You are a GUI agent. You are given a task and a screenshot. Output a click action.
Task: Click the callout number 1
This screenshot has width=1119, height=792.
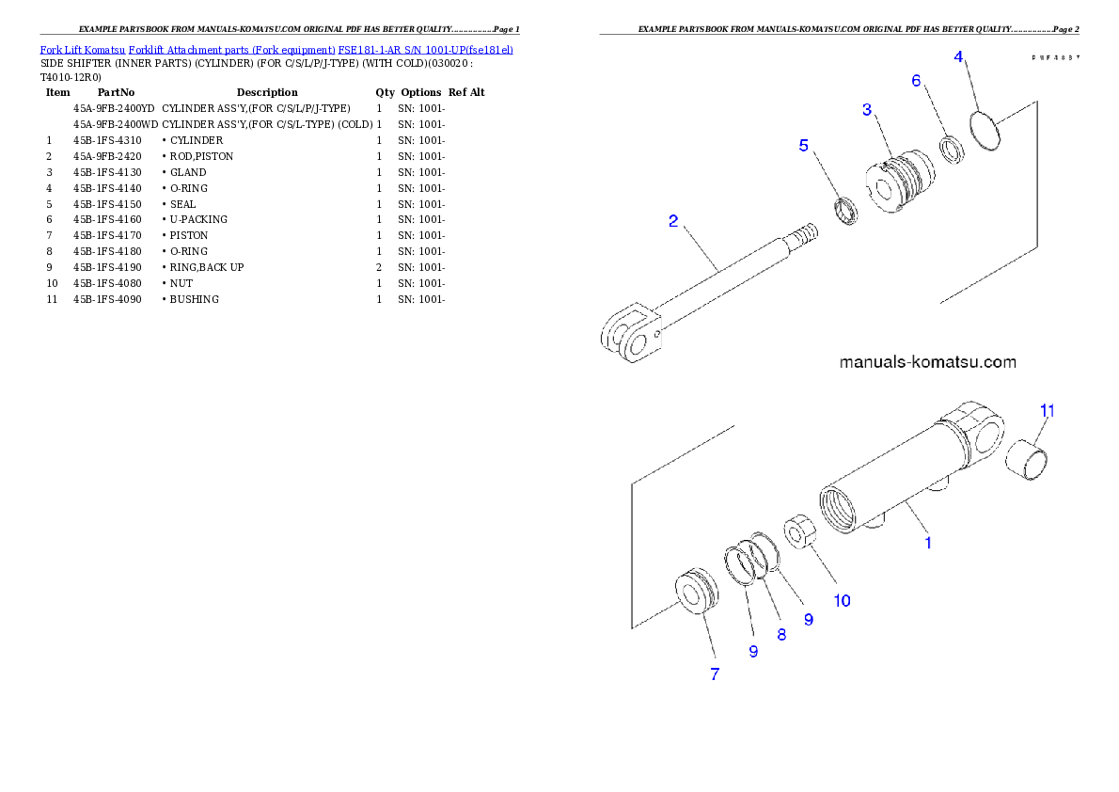pos(928,543)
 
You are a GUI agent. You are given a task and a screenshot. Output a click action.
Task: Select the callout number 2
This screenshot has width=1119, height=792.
pos(673,222)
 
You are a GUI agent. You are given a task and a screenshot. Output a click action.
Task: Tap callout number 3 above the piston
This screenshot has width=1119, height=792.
pos(867,110)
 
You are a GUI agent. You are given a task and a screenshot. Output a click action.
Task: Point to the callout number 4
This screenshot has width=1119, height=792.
pos(958,56)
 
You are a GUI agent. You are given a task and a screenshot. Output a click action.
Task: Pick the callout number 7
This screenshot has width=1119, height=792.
pos(715,673)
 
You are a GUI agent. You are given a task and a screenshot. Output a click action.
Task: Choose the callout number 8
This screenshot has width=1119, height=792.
pos(781,634)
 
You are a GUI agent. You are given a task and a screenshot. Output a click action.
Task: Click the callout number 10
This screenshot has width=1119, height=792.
pos(843,600)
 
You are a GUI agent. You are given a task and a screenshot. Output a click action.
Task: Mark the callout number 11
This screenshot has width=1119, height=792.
pos(1047,410)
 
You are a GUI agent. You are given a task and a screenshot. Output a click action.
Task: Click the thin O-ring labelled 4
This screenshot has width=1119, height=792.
pos(985,128)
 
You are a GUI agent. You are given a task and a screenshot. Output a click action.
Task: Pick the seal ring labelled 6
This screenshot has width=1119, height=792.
pos(952,150)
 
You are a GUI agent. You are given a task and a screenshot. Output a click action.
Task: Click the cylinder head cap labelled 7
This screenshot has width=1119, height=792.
pos(696,593)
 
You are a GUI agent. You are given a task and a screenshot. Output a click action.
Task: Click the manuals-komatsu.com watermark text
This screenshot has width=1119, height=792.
pos(926,362)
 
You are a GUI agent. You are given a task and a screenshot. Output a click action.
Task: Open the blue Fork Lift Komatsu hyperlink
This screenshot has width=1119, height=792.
pos(276,49)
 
